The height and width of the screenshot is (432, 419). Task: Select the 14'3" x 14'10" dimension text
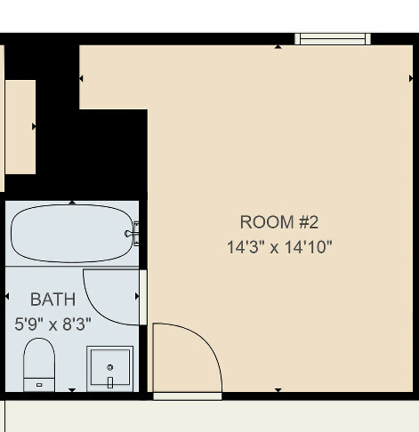[x=278, y=247]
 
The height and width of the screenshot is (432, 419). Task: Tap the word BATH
[x=52, y=300]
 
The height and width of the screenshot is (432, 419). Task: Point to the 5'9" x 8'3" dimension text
[x=52, y=324]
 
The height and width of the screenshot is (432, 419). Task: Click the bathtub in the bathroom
[x=71, y=234]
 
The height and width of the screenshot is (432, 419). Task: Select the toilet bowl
[x=38, y=359]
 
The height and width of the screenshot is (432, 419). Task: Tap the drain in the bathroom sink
[x=110, y=366]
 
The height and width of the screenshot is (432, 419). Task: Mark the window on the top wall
[x=332, y=38]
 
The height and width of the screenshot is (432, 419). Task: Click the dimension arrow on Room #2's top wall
[x=279, y=45]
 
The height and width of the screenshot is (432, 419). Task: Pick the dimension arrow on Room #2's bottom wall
[x=278, y=389]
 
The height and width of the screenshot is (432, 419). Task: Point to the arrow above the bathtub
[x=72, y=203]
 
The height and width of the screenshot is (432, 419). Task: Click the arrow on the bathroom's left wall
[x=8, y=295]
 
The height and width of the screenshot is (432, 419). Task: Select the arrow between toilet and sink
[x=72, y=389]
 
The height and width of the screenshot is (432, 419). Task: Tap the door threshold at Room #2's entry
[x=187, y=396]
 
